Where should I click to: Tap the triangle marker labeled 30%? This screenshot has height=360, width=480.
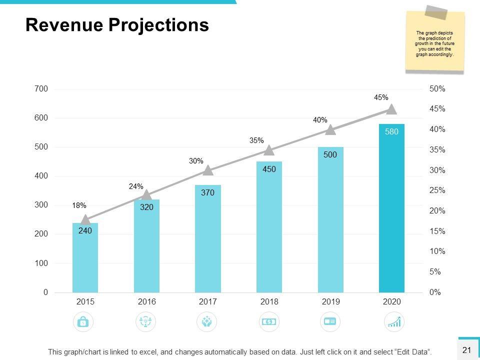[208, 170]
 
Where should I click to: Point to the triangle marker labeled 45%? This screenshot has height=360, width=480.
[391, 109]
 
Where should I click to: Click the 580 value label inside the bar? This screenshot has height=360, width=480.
[391, 132]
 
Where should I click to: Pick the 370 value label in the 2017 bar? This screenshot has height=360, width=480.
[208, 192]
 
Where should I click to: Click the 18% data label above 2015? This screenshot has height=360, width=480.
[79, 205]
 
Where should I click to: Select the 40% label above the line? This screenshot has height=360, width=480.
[320, 120]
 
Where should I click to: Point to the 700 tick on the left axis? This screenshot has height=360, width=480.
[41, 89]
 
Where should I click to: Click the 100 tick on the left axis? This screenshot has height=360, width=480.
[41, 263]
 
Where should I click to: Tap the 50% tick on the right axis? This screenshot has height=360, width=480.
[437, 89]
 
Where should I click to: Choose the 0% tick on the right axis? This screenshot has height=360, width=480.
[435, 292]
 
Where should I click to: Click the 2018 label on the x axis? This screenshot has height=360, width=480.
[269, 302]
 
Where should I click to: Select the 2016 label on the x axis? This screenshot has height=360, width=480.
[146, 302]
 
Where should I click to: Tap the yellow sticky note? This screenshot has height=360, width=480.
[434, 42]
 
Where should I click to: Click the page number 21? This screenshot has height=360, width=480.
[467, 350]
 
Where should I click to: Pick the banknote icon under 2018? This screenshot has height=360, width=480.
[269, 321]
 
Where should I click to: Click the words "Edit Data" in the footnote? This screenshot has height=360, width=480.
[412, 352]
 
